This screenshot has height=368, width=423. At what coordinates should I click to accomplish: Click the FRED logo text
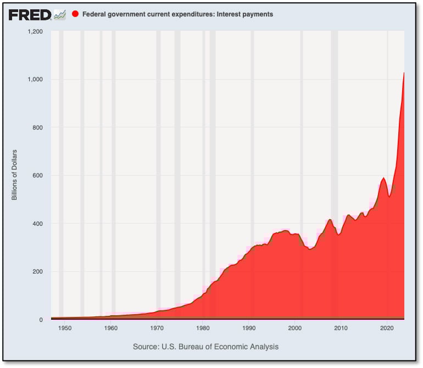tap(30, 15)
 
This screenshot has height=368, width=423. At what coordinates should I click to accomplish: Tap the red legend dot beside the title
tap(75, 14)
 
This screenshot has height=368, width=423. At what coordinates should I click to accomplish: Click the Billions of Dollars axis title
tap(15, 174)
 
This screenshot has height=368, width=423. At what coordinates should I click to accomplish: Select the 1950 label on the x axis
tap(65, 328)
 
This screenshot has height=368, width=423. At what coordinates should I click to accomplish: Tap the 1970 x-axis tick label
tap(157, 328)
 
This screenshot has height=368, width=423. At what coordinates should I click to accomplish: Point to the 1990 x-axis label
tap(249, 328)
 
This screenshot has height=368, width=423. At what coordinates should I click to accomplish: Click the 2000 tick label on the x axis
tap(295, 328)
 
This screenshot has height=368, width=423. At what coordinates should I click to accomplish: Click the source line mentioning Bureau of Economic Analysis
tap(205, 347)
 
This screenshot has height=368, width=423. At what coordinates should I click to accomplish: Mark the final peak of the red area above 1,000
tap(404, 73)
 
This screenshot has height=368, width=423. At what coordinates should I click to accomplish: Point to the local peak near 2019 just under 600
tap(383, 178)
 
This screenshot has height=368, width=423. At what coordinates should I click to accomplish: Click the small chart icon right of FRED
tap(59, 15)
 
